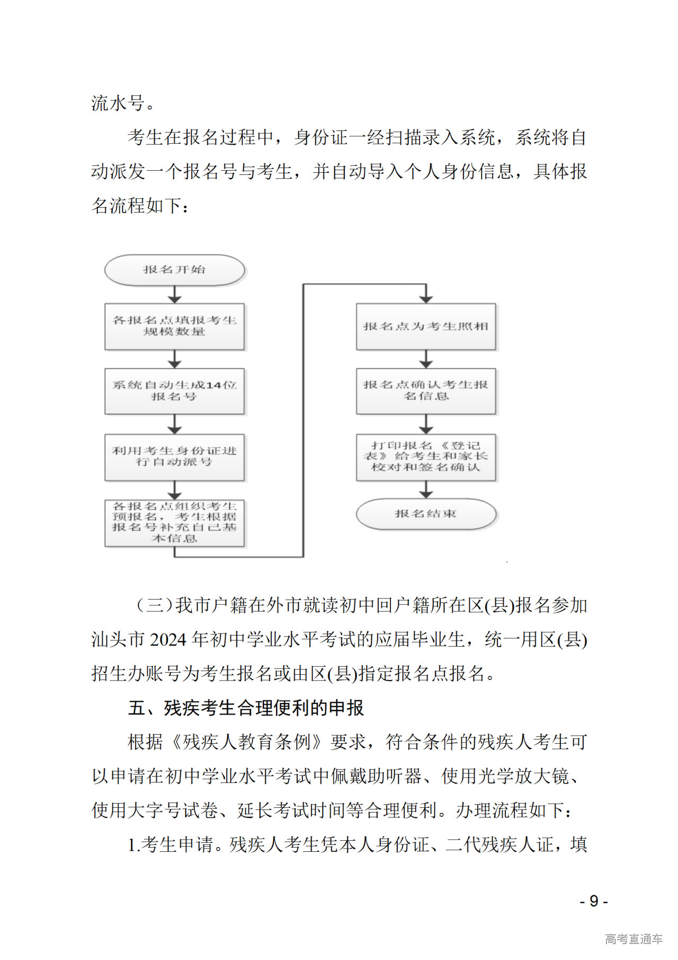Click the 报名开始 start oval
coord(174,270)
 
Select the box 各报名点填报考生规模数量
coord(174,326)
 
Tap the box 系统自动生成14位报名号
coord(174,391)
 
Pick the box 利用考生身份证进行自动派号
coord(174,456)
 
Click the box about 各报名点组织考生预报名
coord(174,523)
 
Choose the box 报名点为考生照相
coord(425,327)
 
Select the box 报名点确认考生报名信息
coord(425,391)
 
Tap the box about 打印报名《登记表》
coord(425,456)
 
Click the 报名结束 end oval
coord(425,514)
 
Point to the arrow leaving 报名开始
coord(174,295)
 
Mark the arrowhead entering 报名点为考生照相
coord(425,298)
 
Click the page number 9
coord(594,901)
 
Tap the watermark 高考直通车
coord(634,939)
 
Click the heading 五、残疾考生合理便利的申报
coord(246,708)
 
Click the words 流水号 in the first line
coord(118,103)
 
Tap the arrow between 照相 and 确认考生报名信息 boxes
coord(425,359)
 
